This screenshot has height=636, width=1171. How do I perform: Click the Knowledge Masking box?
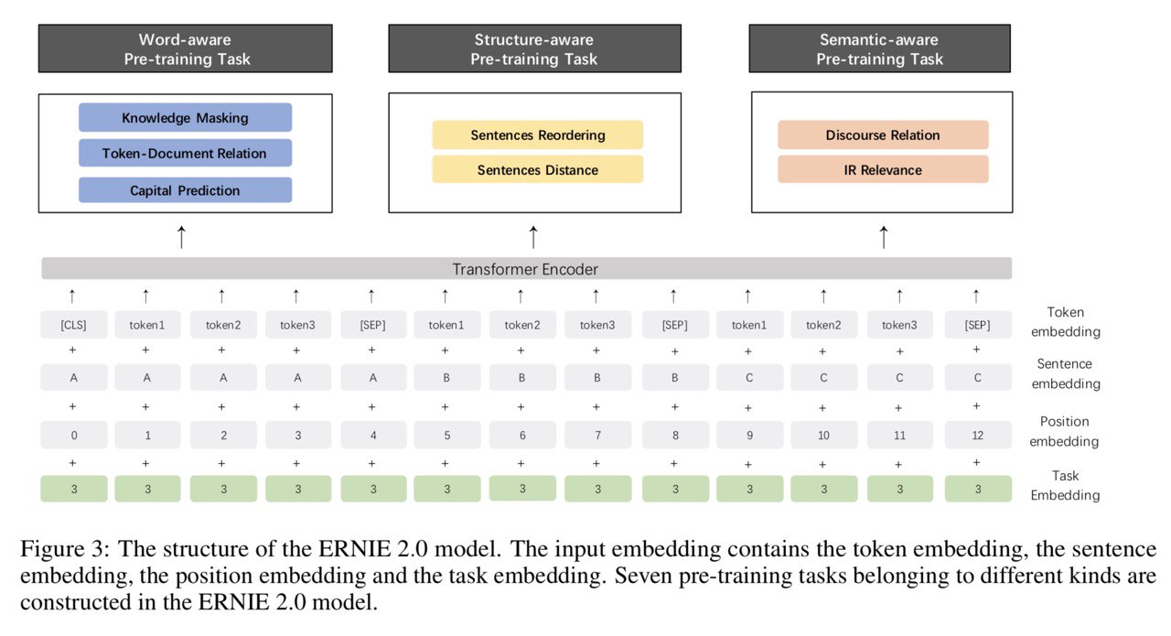pos(185,117)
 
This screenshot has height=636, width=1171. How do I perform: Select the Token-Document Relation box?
pos(185,153)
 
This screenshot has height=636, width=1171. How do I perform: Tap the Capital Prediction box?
pos(185,189)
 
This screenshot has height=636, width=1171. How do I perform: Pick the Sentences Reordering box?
pos(537,135)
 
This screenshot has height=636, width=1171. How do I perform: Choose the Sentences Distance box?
pos(537,169)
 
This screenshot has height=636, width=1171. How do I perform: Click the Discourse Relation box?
pos(883,135)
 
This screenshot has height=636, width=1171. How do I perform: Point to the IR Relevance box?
pos(883,169)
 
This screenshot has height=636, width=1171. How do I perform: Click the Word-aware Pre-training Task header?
pos(185,49)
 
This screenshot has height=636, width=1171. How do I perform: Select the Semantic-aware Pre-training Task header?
pos(880,49)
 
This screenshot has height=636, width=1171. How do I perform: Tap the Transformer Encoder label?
pos(525,269)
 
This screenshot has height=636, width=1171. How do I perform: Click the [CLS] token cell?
pos(74,325)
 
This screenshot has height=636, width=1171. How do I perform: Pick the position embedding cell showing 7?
pos(597,436)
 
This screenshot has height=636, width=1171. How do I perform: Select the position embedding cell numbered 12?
pos(978,436)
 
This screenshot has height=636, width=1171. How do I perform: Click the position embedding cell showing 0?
pos(74,436)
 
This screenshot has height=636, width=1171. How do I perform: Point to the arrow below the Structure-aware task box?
pos(533,237)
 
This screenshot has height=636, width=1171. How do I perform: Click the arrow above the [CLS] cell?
pos(72,296)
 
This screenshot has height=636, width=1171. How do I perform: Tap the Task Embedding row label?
pos(1065,485)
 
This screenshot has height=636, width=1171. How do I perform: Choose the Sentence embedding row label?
pos(1066,373)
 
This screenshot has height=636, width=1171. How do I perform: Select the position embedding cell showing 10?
pos(823,436)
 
